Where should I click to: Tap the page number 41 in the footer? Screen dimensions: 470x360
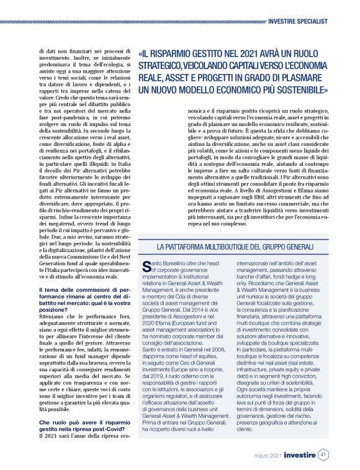point(323,454)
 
